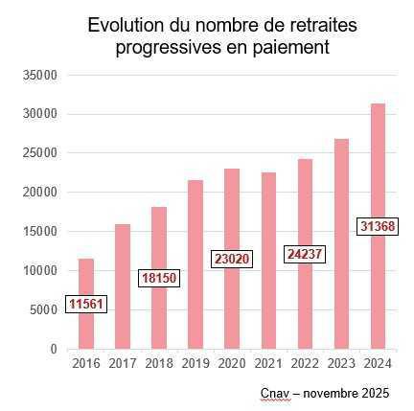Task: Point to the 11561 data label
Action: click(86, 305)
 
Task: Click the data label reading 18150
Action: click(159, 278)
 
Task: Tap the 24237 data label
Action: click(306, 254)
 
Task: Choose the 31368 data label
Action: click(378, 225)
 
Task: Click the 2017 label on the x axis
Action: click(123, 364)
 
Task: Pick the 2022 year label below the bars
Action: click(306, 364)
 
